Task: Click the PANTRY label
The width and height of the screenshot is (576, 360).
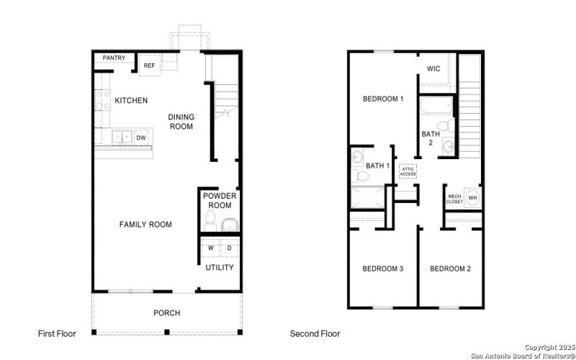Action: click(114, 58)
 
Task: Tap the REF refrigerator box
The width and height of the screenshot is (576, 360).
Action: click(150, 66)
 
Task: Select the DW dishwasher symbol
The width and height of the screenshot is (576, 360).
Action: click(142, 136)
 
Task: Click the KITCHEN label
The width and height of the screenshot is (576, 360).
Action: click(130, 100)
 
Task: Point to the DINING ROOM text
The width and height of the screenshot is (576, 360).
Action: click(181, 122)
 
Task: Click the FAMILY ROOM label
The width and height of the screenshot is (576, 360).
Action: click(145, 225)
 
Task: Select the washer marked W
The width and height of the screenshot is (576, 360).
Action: click(211, 248)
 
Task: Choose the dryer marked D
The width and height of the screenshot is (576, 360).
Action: click(230, 248)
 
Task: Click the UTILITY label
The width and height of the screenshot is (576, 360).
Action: click(220, 268)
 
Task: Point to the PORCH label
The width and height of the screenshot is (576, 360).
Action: click(166, 312)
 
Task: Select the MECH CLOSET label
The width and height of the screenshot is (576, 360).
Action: click(454, 199)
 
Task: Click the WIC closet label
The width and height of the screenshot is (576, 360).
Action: click(433, 69)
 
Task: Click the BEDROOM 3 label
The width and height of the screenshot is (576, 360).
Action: click(382, 269)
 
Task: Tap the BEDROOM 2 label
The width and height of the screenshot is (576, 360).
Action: click(450, 269)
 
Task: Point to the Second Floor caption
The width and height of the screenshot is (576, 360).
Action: click(315, 333)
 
